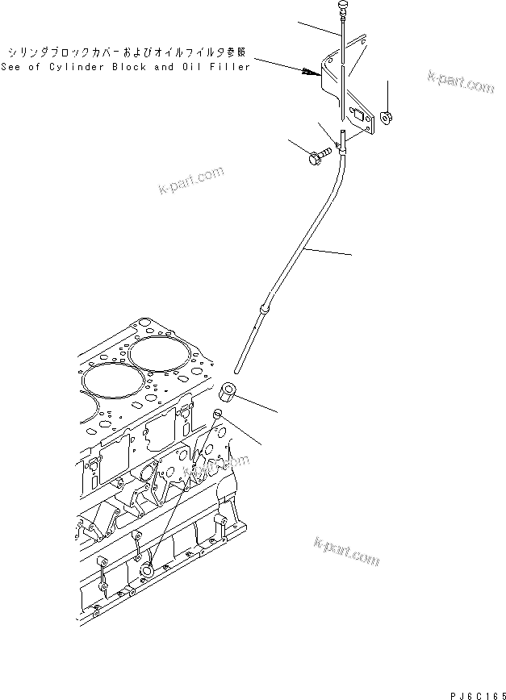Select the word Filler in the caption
[229, 68]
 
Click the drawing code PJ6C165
[475, 692]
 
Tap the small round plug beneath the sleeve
[217, 415]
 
